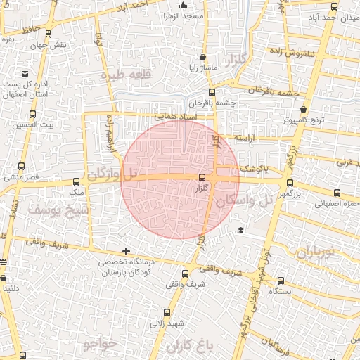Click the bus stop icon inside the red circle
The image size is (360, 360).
click(203, 177)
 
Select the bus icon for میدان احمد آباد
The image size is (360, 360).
click(334, 7)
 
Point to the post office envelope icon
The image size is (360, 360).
click(25, 73)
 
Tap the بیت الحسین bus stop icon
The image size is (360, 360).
click(32, 115)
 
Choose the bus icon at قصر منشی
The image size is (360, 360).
click(21, 167)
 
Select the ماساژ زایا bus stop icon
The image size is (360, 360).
click(203, 58)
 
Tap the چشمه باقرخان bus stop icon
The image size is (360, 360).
click(211, 92)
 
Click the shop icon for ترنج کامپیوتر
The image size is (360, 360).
click(303, 110)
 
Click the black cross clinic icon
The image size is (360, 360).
click(126, 251)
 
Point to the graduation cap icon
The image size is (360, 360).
click(240, 231)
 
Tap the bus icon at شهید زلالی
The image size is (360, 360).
click(167, 313)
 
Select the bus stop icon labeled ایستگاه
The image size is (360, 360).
click(281, 280)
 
